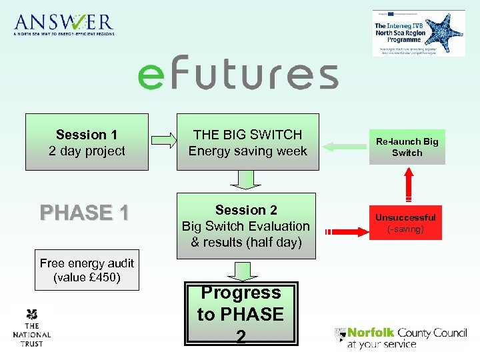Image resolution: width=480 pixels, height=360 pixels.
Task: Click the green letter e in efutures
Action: (x=150, y=76)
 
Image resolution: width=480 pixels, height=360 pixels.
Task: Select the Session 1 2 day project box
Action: (x=87, y=143)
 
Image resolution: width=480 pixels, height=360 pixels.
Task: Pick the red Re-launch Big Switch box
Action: (x=407, y=147)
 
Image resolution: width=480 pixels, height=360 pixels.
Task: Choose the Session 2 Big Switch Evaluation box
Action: (x=246, y=226)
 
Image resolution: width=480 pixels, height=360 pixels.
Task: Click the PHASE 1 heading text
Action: (x=84, y=213)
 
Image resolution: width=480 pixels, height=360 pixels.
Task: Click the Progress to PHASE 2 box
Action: (x=241, y=314)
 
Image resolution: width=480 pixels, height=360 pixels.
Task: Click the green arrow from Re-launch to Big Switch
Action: (x=341, y=142)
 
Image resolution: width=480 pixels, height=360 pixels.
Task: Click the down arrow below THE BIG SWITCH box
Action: (x=247, y=179)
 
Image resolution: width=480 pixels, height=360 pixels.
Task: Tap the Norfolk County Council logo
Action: (x=400, y=337)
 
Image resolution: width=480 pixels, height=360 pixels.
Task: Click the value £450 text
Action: (x=87, y=277)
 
